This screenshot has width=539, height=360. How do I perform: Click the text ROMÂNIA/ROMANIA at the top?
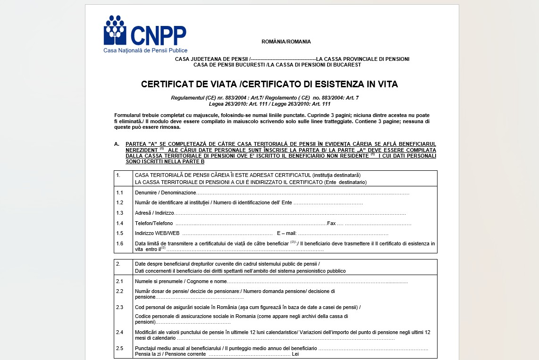click(x=286, y=42)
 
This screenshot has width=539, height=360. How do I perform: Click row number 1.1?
click(x=120, y=193)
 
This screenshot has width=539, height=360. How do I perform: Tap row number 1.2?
click(x=120, y=203)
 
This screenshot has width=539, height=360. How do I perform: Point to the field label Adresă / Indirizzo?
click(x=154, y=213)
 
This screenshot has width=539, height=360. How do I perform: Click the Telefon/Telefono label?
click(x=154, y=223)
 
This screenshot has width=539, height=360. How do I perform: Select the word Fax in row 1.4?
click(x=331, y=223)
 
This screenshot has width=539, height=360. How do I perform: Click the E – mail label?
click(x=286, y=233)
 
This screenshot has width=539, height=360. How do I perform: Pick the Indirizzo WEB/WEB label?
click(x=157, y=233)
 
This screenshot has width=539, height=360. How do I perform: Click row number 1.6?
click(x=120, y=243)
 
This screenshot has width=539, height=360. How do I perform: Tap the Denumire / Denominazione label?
click(x=165, y=193)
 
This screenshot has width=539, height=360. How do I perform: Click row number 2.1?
click(x=120, y=281)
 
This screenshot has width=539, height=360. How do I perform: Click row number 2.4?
click(x=120, y=332)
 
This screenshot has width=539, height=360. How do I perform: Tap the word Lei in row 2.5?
click(x=295, y=354)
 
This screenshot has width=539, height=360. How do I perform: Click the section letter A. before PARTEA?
click(x=117, y=144)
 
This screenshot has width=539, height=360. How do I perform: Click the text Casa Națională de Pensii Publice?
click(x=145, y=50)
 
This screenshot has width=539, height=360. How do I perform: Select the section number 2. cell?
click(x=118, y=264)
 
